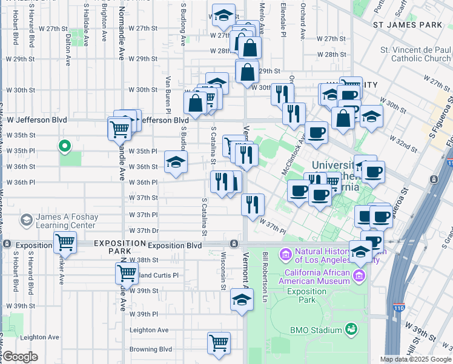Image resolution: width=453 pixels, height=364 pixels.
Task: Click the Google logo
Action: click(x=20, y=357)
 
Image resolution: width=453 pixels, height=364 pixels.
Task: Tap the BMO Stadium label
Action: click(x=317, y=330)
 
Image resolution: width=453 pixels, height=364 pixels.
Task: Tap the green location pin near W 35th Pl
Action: click(x=64, y=146)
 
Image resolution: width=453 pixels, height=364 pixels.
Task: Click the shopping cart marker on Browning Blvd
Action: click(x=219, y=342)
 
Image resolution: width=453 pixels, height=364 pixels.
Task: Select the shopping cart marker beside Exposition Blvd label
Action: click(x=65, y=243)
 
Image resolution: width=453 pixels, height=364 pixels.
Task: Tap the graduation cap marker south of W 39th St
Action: click(x=242, y=300)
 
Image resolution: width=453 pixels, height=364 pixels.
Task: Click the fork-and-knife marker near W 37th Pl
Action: click(x=253, y=204)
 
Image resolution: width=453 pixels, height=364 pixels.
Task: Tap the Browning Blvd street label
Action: click(x=151, y=349)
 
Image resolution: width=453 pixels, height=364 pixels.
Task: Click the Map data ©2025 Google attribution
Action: click(x=415, y=359)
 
